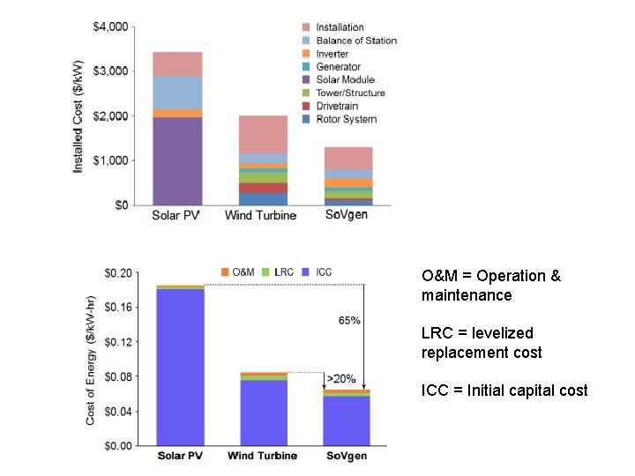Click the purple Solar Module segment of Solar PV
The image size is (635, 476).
coord(177,160)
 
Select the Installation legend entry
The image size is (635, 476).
coord(340,27)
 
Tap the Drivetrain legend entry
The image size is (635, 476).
coord(337,106)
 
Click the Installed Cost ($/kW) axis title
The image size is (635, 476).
coord(78,116)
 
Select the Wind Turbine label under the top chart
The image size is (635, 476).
coord(261,216)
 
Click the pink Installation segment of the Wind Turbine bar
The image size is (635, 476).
coord(263,134)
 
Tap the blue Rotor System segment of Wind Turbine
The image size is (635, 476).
coord(263,199)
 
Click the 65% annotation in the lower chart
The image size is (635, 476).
coord(349,320)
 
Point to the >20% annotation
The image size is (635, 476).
coord(341,379)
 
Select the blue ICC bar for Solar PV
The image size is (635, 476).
coord(181,366)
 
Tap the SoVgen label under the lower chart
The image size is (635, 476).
coord(346,456)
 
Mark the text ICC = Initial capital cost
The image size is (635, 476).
coord(504,390)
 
